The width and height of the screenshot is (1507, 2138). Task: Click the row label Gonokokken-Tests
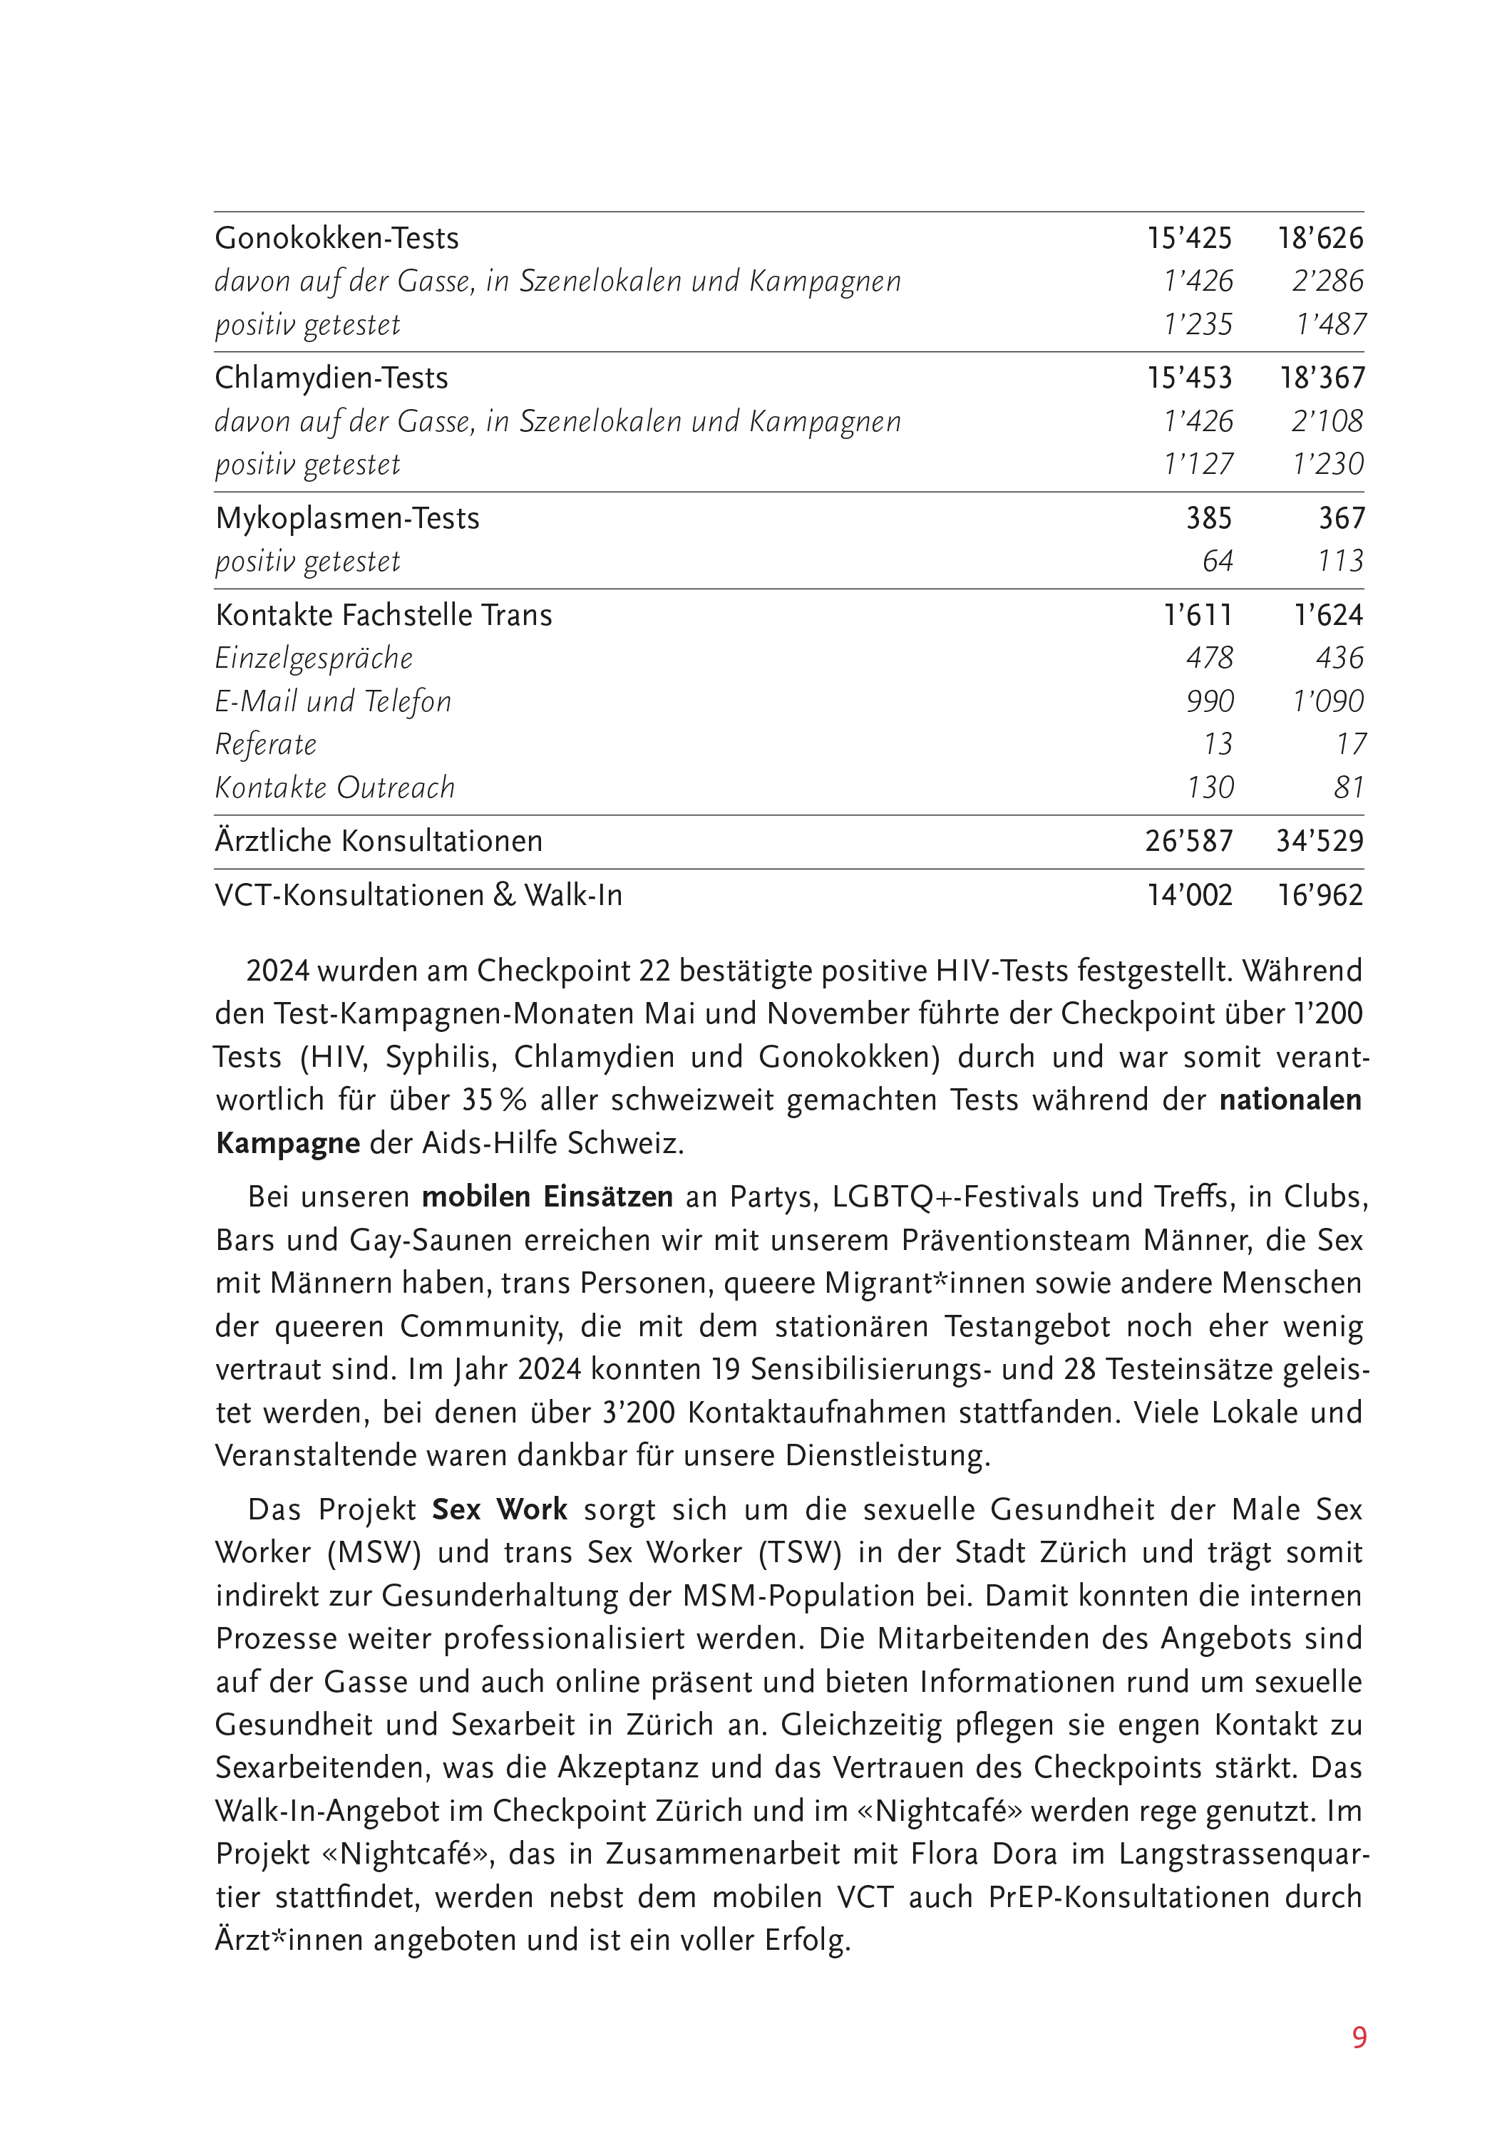[336, 238]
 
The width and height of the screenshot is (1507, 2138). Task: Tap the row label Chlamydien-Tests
[331, 378]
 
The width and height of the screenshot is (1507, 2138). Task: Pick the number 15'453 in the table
[1189, 378]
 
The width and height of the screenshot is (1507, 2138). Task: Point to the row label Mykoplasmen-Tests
[346, 519]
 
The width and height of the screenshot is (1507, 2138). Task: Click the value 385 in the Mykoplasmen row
[1208, 519]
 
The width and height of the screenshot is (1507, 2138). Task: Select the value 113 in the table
[1340, 562]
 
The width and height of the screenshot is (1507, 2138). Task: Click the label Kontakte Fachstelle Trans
[383, 616]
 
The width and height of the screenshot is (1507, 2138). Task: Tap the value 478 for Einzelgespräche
[1209, 659]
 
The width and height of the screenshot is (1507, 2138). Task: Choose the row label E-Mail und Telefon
[332, 701]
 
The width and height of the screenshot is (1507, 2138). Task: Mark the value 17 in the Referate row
[1349, 744]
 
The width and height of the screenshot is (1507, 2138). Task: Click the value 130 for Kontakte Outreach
[1209, 787]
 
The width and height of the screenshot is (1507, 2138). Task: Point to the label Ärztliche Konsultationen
[378, 841]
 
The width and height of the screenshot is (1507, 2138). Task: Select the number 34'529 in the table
[1319, 841]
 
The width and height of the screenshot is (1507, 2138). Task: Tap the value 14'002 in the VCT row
[1189, 895]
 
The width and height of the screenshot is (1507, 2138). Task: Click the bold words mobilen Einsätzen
[547, 1197]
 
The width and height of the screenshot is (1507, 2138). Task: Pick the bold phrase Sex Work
[499, 1509]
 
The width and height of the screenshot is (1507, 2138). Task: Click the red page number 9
[1359, 2038]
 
